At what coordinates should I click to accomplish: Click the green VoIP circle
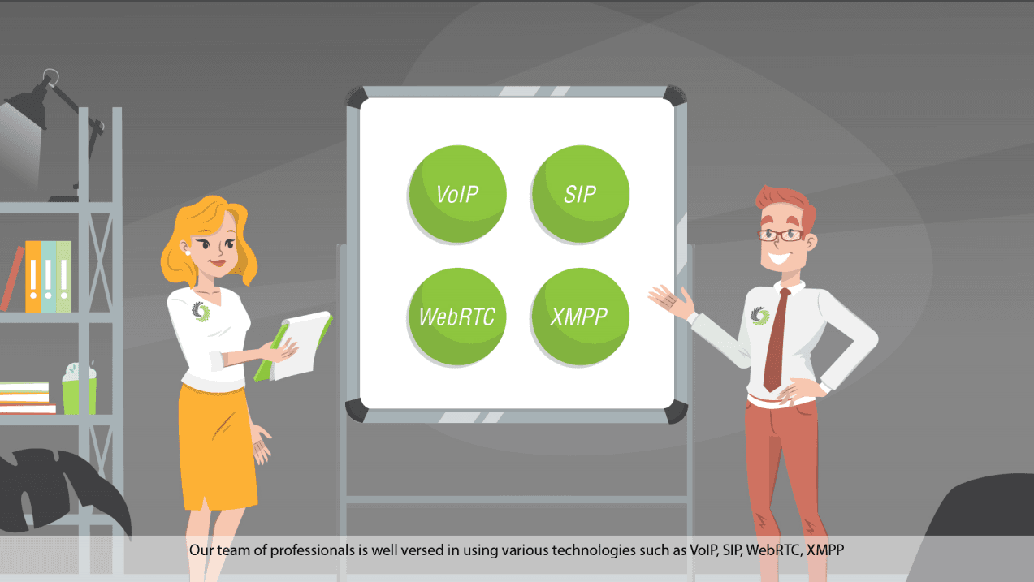pos(456,195)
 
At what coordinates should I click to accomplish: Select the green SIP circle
pos(580,195)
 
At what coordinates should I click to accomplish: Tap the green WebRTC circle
pos(456,317)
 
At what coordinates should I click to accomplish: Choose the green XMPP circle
pos(580,317)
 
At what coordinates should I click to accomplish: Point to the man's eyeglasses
pos(781,235)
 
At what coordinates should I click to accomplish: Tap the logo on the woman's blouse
pos(201,311)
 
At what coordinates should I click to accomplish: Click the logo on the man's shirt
pos(759,316)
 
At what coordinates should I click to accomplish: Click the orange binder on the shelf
pos(32,277)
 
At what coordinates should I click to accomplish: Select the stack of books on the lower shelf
pos(24,398)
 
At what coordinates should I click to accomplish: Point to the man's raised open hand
pos(673,299)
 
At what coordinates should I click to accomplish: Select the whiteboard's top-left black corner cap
pos(357,98)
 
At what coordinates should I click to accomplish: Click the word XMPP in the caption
pos(825,550)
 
